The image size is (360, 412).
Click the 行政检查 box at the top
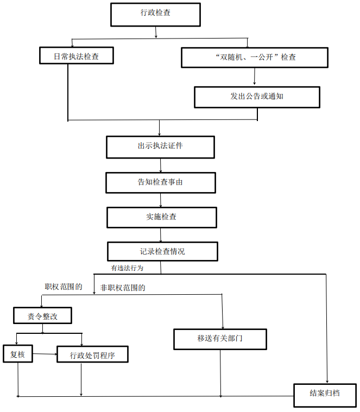(155, 15)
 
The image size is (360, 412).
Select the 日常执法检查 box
(76, 56)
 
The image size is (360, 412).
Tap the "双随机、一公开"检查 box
(254, 57)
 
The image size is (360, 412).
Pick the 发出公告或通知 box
(257, 97)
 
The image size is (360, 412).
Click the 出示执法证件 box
(160, 147)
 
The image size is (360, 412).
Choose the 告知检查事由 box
(160, 182)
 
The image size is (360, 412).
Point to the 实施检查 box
(161, 217)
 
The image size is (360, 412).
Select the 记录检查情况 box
(162, 251)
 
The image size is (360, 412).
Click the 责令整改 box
(42, 316)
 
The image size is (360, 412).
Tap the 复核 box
(17, 354)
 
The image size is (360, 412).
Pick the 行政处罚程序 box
(92, 356)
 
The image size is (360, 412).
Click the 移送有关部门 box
(220, 339)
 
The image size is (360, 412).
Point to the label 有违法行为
(128, 268)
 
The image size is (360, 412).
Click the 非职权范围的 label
(123, 288)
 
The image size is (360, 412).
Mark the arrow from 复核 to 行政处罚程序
(45, 355)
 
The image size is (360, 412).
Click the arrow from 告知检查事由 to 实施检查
(161, 200)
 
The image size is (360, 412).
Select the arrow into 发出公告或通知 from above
(255, 77)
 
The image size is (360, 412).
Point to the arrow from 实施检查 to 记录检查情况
(161, 234)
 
